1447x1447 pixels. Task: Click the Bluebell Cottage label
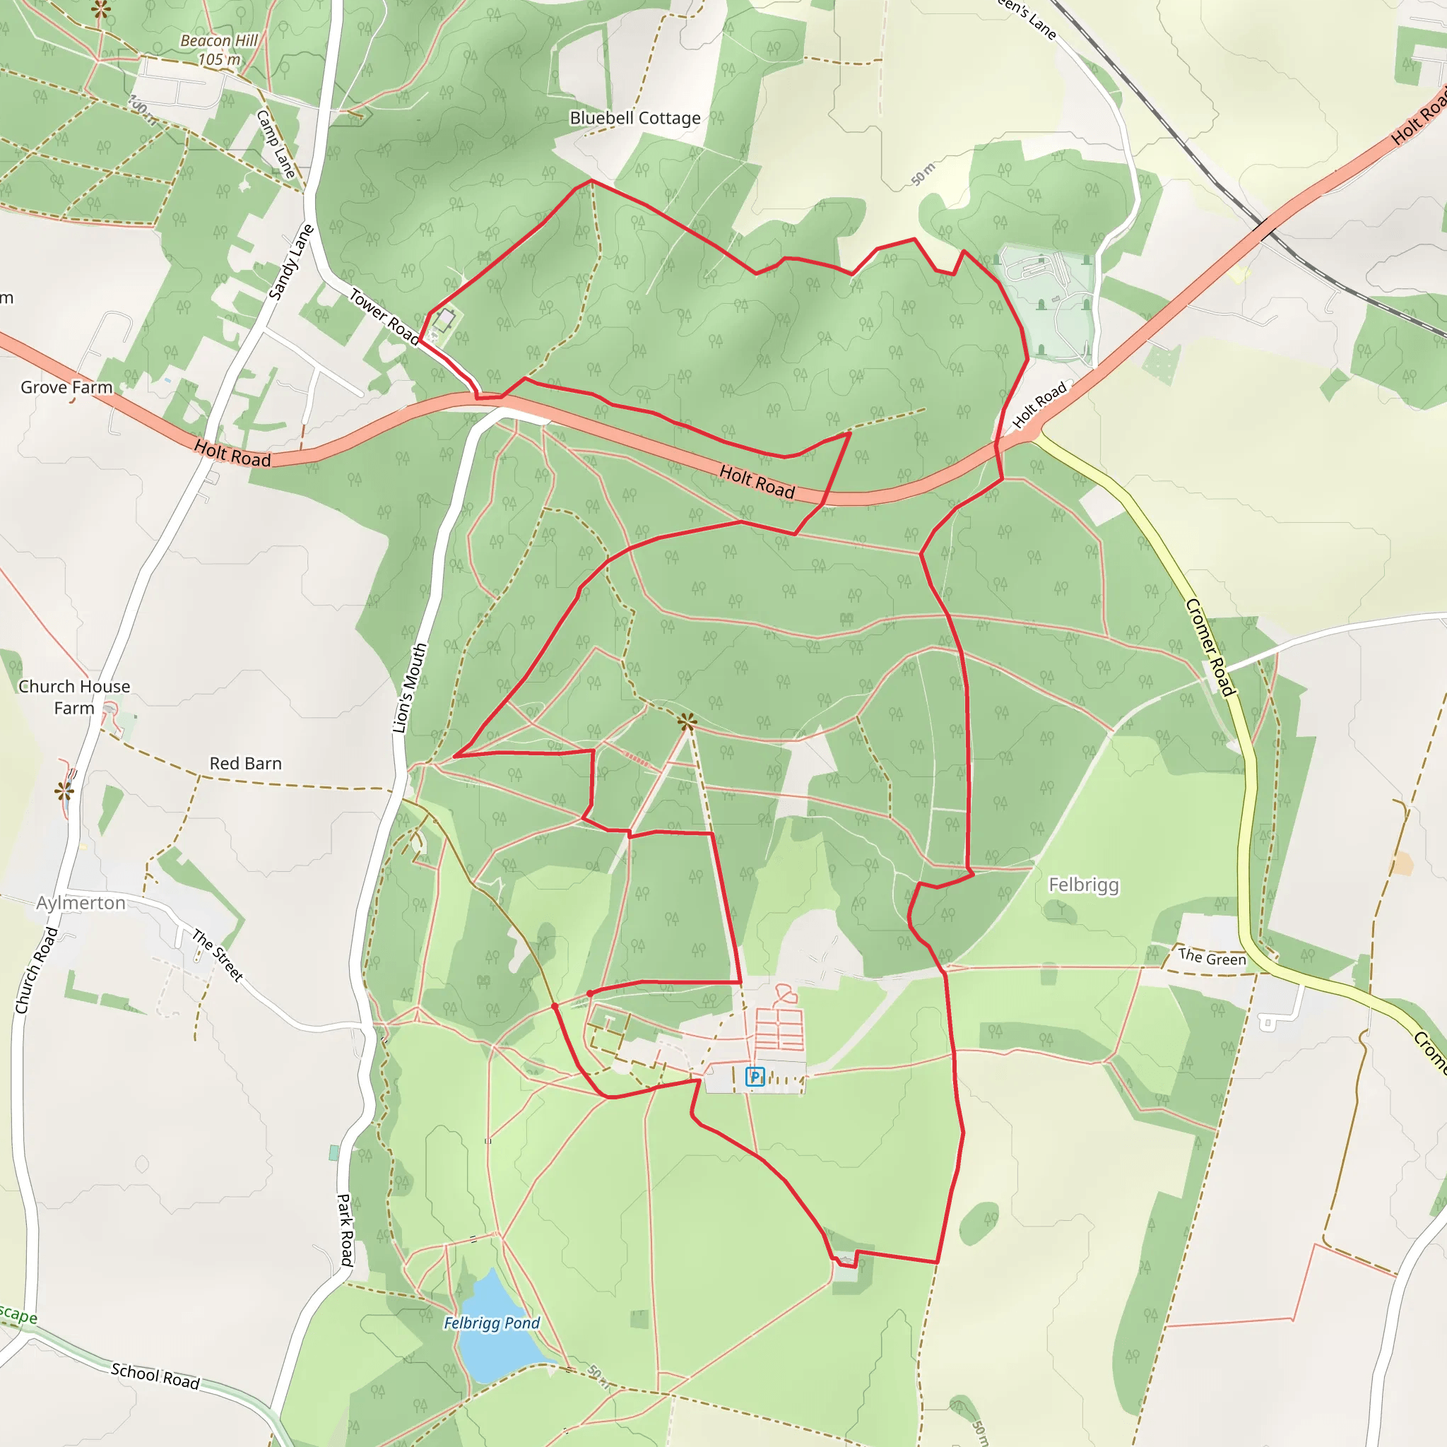pyautogui.click(x=635, y=118)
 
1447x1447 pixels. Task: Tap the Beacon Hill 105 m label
pyautogui.click(x=219, y=50)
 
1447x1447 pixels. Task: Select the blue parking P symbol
pyautogui.click(x=755, y=1077)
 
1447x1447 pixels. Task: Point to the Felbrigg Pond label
pyautogui.click(x=491, y=1323)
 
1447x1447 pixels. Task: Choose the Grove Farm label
pyautogui.click(x=66, y=387)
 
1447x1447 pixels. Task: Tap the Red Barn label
pyautogui.click(x=246, y=763)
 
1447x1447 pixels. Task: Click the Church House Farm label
pyautogui.click(x=73, y=697)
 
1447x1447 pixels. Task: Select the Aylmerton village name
pyautogui.click(x=81, y=902)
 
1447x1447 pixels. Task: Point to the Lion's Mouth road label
pyautogui.click(x=410, y=687)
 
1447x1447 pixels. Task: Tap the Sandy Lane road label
pyautogui.click(x=291, y=262)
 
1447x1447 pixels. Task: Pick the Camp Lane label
pyautogui.click(x=276, y=144)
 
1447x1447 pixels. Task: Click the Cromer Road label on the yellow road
pyautogui.click(x=1210, y=647)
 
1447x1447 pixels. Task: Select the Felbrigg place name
pyautogui.click(x=1083, y=885)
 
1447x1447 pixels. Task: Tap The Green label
pyautogui.click(x=1212, y=957)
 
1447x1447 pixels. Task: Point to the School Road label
pyautogui.click(x=155, y=1375)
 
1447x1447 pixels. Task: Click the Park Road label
pyautogui.click(x=345, y=1230)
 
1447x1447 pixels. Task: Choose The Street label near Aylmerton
pyautogui.click(x=217, y=955)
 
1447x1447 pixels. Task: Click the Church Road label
pyautogui.click(x=36, y=970)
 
